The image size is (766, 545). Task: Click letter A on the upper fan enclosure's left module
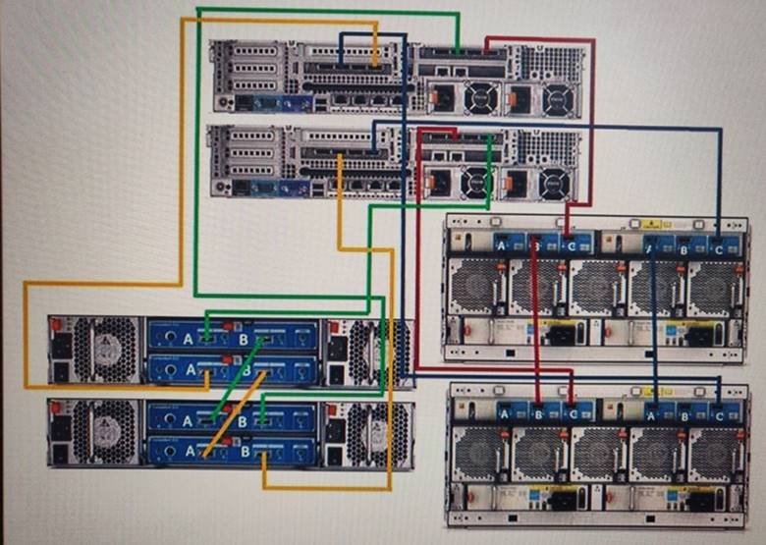pos(502,244)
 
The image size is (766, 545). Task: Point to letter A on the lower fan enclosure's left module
pos(505,413)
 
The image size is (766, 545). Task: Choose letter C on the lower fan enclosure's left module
pos(574,413)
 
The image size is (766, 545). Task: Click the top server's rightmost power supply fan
pos(557,98)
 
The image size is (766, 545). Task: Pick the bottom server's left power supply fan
pos(475,181)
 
